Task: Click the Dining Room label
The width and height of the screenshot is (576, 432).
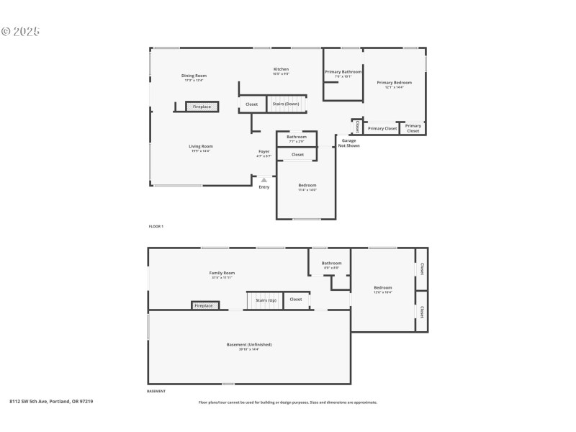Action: pyautogui.click(x=194, y=76)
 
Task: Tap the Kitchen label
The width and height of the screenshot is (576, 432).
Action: pyautogui.click(x=281, y=69)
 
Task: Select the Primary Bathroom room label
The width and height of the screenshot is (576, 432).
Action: pyautogui.click(x=343, y=72)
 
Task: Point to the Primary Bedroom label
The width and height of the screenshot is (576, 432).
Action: pyautogui.click(x=395, y=83)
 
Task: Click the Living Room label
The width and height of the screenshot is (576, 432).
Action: pyautogui.click(x=201, y=146)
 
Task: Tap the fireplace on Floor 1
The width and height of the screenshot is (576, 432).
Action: pyautogui.click(x=202, y=107)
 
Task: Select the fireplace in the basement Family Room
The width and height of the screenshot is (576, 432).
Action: pyautogui.click(x=204, y=305)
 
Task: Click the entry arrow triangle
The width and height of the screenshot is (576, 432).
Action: pyautogui.click(x=264, y=180)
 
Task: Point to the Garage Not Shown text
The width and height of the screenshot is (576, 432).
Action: pyautogui.click(x=348, y=143)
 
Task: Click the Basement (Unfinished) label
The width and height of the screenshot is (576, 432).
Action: pyautogui.click(x=249, y=345)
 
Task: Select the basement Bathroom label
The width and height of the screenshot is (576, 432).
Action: pyautogui.click(x=332, y=264)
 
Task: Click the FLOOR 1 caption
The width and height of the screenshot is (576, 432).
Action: pyautogui.click(x=156, y=227)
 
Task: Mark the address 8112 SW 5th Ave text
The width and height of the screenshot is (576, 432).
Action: pyautogui.click(x=51, y=401)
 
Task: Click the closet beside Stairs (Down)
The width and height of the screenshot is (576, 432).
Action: pyautogui.click(x=251, y=104)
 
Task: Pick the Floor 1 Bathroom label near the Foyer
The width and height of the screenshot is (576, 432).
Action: pyautogui.click(x=297, y=137)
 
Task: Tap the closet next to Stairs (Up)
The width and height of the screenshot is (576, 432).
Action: pyautogui.click(x=295, y=300)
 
